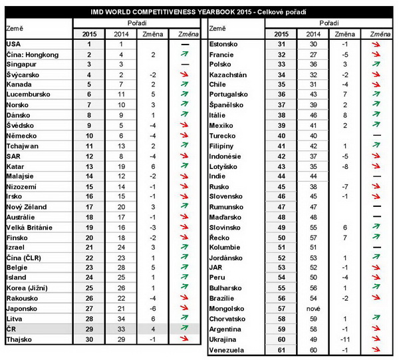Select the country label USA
click(14, 44)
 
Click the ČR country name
click(12, 329)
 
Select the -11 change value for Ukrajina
click(345, 339)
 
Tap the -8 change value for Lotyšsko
click(345, 166)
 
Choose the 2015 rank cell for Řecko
click(281, 238)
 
